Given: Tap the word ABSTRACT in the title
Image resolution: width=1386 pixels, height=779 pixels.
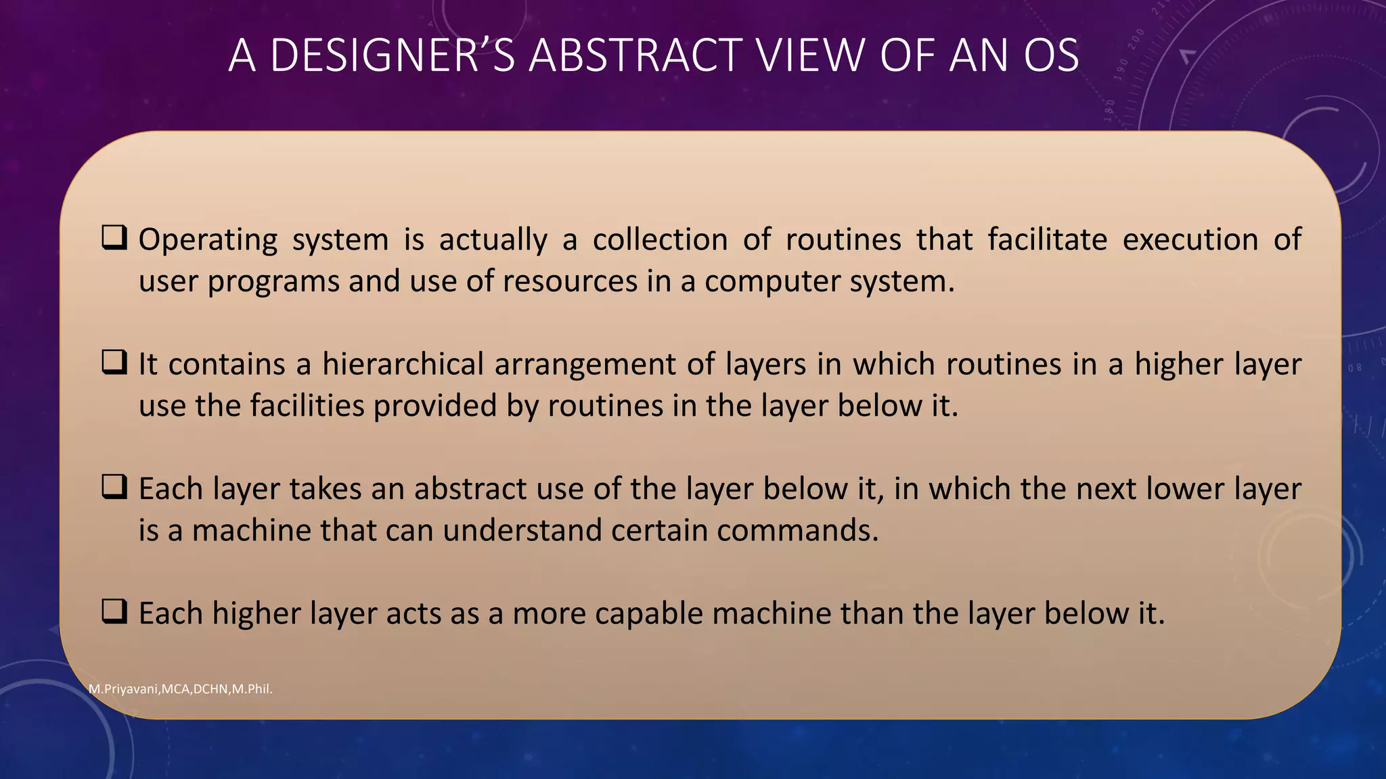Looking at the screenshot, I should click(x=635, y=55).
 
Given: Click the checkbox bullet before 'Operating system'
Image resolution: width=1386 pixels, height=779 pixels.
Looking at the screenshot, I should click(x=114, y=239).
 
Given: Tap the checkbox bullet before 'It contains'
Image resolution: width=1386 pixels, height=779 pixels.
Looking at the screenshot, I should click(x=114, y=363).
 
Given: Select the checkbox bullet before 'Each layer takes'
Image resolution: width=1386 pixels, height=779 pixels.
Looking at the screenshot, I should click(x=114, y=488).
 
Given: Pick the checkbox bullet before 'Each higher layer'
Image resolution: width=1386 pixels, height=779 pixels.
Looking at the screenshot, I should click(x=114, y=612).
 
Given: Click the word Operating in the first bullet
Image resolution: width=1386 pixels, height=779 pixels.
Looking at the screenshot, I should click(x=208, y=240).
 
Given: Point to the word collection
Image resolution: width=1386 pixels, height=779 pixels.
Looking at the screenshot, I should click(x=660, y=240).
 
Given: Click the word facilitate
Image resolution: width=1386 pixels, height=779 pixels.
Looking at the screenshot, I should click(x=1047, y=240).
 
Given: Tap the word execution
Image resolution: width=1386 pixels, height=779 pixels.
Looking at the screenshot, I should click(x=1190, y=240).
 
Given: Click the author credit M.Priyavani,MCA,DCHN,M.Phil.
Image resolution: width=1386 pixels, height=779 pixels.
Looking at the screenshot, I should click(x=181, y=689).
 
